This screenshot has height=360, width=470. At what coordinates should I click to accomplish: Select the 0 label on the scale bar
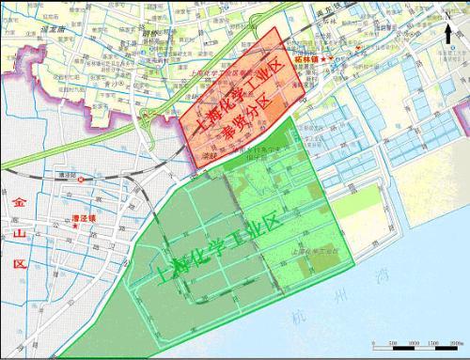click(x=373, y=344)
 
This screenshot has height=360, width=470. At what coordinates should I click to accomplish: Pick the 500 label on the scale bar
click(x=393, y=344)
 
